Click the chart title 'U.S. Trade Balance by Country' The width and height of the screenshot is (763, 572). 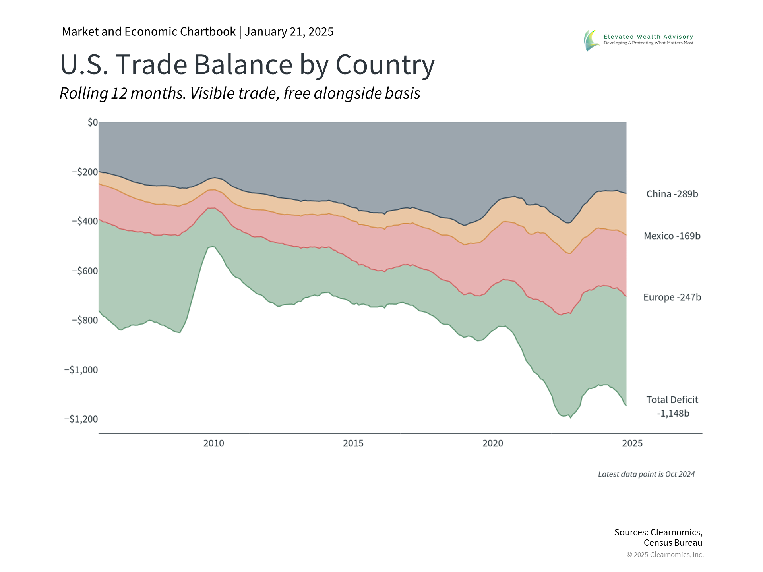pyautogui.click(x=247, y=64)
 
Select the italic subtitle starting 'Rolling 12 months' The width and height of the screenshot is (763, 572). pyautogui.click(x=240, y=93)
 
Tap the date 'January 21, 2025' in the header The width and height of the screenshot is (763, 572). pyautogui.click(x=289, y=32)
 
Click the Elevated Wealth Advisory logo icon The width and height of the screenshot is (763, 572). pyautogui.click(x=591, y=40)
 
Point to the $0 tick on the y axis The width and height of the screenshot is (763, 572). pyautogui.click(x=93, y=122)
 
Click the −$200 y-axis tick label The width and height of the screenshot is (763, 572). pyautogui.click(x=85, y=172)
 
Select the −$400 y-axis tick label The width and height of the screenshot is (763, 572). pyautogui.click(x=85, y=221)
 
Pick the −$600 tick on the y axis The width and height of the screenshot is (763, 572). pyautogui.click(x=85, y=271)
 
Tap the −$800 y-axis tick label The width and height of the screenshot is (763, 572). pyautogui.click(x=85, y=320)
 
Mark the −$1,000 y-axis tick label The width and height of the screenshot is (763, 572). pyautogui.click(x=81, y=370)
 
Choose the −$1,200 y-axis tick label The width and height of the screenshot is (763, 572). pyautogui.click(x=81, y=419)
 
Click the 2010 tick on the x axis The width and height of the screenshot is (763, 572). pyautogui.click(x=214, y=443)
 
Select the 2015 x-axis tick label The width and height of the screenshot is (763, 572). pyautogui.click(x=353, y=443)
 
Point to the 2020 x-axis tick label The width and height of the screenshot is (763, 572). pyautogui.click(x=493, y=443)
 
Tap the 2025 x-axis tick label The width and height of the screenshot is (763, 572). pyautogui.click(x=632, y=443)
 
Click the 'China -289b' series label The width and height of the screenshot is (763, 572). pyautogui.click(x=672, y=194)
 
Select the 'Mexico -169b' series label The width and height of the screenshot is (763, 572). pyautogui.click(x=672, y=236)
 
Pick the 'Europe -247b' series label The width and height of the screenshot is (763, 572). pyautogui.click(x=672, y=297)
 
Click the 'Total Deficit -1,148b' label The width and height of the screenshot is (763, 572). pyautogui.click(x=672, y=406)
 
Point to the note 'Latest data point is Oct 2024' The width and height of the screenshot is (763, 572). pyautogui.click(x=646, y=474)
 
